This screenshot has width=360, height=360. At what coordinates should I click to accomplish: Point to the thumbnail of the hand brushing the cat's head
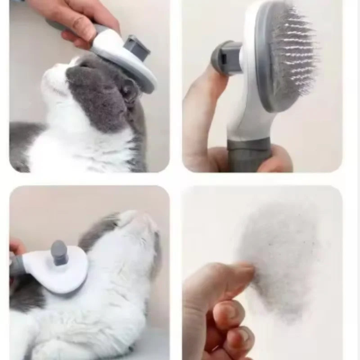(x=81, y=20)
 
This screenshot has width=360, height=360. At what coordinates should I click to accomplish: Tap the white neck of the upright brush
(x=245, y=121)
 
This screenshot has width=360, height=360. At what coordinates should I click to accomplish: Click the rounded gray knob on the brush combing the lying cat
(x=59, y=252)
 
